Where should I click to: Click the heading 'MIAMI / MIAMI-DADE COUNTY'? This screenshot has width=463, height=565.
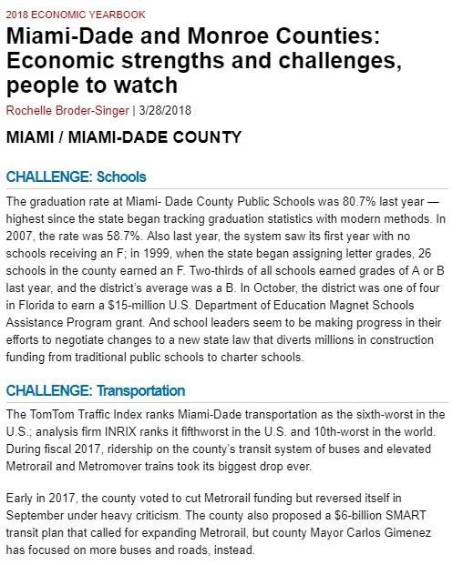click(x=123, y=138)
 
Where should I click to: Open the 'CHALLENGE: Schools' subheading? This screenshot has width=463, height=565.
click(x=76, y=177)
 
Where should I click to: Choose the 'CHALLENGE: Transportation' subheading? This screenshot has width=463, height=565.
click(x=96, y=391)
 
